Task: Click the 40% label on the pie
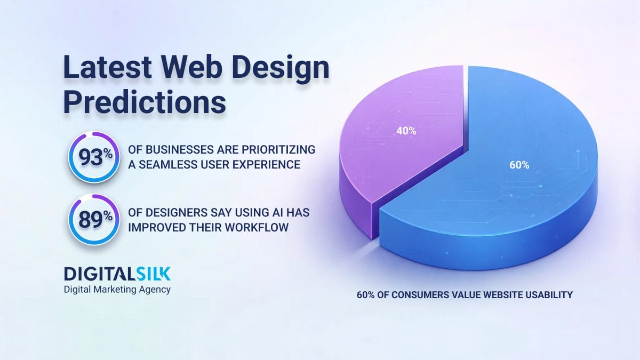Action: point(406,131)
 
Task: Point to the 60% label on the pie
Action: point(519,165)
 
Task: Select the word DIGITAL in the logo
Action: point(94,274)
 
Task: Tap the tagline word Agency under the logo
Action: point(156,290)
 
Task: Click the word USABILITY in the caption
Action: point(549,294)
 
